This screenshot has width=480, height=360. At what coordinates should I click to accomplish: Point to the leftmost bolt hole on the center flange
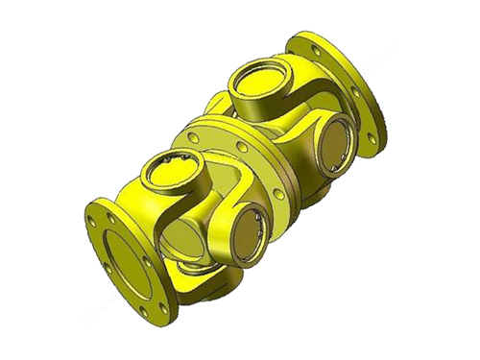click(195, 137)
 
